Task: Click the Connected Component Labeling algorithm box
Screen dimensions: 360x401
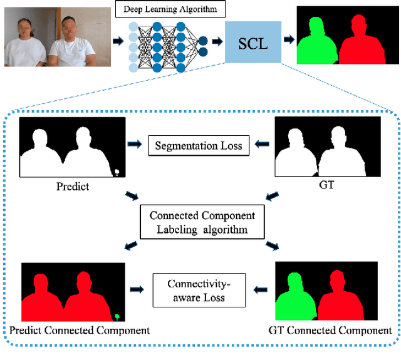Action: coord(202,222)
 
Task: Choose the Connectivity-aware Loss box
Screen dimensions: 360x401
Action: coord(198,291)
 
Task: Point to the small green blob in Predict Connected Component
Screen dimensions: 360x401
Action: coord(118,316)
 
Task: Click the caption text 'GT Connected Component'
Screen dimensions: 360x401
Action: coord(330,330)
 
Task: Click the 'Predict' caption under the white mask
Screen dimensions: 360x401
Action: coord(73,187)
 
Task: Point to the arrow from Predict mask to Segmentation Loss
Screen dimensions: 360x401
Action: coord(133,146)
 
